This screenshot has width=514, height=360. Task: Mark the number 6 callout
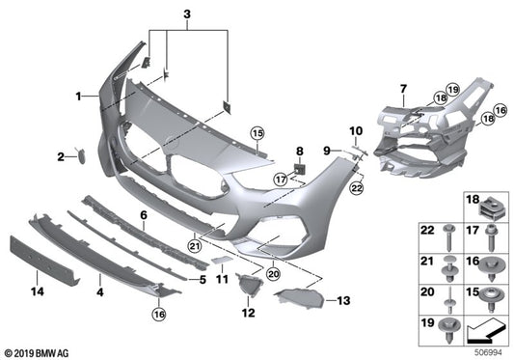pyautogui.click(x=143, y=215)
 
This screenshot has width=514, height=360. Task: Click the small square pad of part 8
pyautogui.click(x=299, y=169)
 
